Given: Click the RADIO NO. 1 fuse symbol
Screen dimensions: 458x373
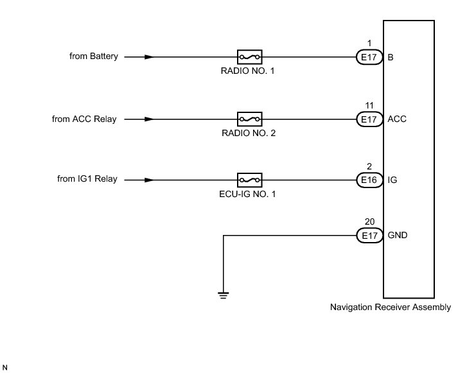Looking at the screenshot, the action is [249, 57].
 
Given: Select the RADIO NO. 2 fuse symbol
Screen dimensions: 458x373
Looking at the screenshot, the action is [249, 119].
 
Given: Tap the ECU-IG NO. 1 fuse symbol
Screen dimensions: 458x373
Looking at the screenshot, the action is [249, 180].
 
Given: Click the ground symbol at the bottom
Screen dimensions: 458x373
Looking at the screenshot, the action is [223, 295].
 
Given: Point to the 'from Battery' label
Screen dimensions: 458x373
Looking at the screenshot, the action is [94, 56].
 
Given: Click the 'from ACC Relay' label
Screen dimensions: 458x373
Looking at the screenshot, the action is [84, 119].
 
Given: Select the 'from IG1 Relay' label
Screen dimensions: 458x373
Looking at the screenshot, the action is [87, 178].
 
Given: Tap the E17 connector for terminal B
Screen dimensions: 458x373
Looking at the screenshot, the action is [369, 57].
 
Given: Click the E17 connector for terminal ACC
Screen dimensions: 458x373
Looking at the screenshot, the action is [369, 119].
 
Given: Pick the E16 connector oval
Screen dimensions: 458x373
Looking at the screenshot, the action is [369, 180].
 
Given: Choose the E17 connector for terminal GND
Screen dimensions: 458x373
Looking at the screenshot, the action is [369, 235].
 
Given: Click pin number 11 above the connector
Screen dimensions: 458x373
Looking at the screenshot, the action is [369, 105].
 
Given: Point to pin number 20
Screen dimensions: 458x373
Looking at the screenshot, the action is [369, 222].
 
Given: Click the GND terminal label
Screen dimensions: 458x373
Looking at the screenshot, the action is [397, 235].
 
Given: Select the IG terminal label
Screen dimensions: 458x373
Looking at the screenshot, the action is [392, 180].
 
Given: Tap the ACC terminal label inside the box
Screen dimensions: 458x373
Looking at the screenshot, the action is [397, 119].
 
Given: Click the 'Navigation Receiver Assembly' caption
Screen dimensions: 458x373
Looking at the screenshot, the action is [391, 307].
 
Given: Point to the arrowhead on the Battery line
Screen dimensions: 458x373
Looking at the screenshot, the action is [149, 57].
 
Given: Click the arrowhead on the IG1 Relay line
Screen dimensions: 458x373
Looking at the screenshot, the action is [149, 180].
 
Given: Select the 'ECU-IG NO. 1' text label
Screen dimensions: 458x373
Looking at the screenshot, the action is [247, 194].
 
